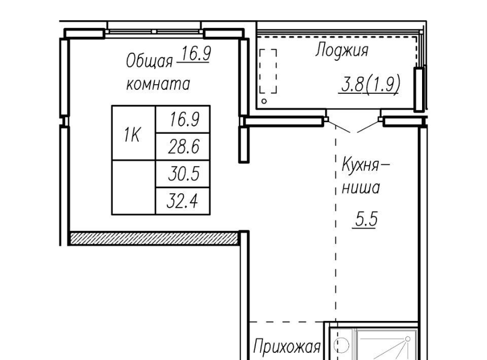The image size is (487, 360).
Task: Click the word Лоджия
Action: click(341, 50)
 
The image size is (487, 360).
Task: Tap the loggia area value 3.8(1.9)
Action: click(370, 84)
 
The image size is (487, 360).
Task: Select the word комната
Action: click(158, 84)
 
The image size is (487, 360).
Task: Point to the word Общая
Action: click(149, 61)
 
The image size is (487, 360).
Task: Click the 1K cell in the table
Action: click(133, 133)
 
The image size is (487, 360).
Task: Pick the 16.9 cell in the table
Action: click(183, 119)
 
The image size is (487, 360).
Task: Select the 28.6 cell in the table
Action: click(183, 147)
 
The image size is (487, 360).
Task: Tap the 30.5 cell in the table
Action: click(183, 173)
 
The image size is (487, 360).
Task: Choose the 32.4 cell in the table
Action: click(183, 201)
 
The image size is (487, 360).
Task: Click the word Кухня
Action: click(361, 165)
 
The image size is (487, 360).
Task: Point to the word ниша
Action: click(361, 188)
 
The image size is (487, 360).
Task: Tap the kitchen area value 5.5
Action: click(366, 219)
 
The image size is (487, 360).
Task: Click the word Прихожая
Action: click(287, 346)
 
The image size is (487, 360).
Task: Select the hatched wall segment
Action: click(154, 238)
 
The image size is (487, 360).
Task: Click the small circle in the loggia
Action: click(264, 101)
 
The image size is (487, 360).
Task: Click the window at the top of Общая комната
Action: click(154, 31)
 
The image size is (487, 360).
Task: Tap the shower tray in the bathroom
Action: click(386, 344)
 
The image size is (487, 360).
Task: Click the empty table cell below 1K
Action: click(133, 188)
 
